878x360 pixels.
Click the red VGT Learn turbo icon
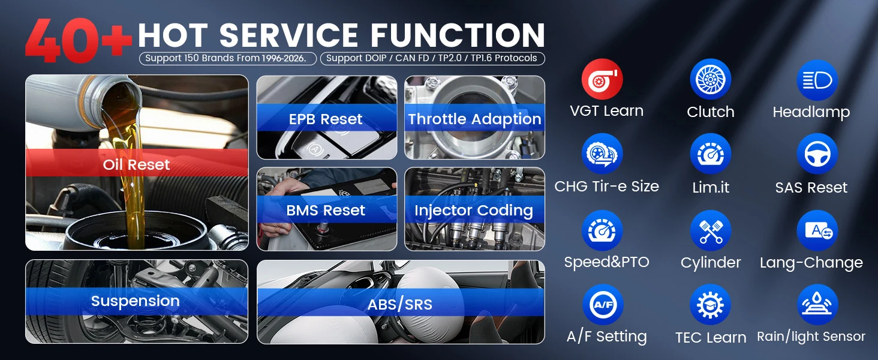pos(602,79)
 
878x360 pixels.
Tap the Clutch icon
pos(710,79)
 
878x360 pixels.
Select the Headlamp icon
pos(817,80)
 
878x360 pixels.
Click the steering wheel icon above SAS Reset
pos(817,154)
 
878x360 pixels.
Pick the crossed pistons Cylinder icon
pos(710,230)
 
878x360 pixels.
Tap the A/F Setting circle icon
pos(603,305)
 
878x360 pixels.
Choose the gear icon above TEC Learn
pos(710,305)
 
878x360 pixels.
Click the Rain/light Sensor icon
pos(817,305)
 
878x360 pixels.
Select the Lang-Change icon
pos(817,230)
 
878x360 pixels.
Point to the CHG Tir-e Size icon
pos(602,154)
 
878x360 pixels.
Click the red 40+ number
pos(79,40)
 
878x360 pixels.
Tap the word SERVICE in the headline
pos(288,35)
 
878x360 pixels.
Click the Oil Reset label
pos(136,165)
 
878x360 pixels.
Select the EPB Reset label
pos(326,119)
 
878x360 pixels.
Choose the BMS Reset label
pos(326,211)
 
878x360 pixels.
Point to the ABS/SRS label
pos(400,305)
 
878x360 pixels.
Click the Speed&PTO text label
pos(607,262)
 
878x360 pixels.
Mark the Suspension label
pos(135,301)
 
